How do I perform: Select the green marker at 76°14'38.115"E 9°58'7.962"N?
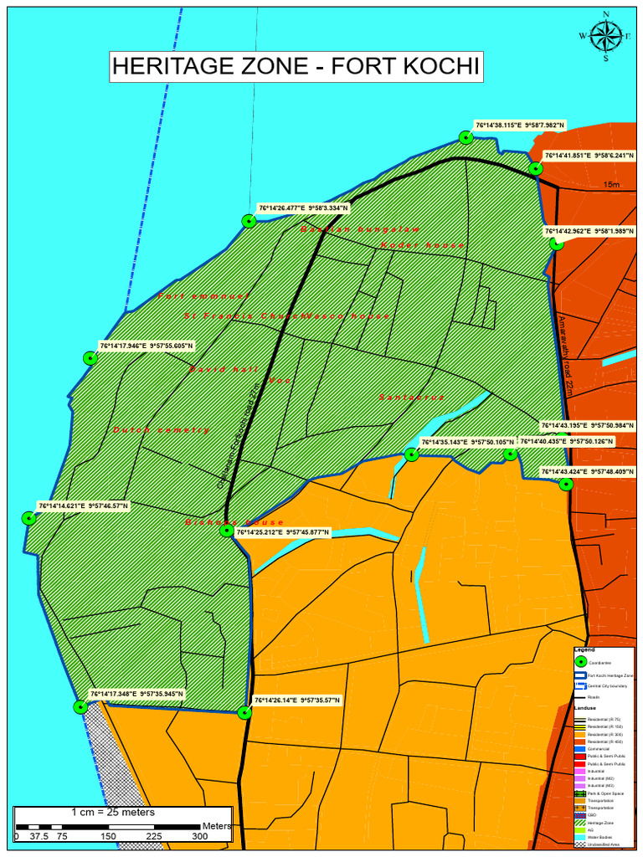click(x=466, y=137)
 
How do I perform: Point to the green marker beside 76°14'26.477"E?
click(x=249, y=221)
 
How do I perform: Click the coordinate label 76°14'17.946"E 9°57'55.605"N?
click(x=147, y=345)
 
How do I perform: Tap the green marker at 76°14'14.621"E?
click(x=28, y=518)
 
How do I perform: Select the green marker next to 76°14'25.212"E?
click(x=226, y=531)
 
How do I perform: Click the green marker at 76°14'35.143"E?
click(x=411, y=454)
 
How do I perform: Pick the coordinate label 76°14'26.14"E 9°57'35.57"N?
click(x=297, y=700)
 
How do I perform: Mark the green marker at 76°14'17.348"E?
click(x=80, y=706)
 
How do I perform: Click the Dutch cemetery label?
click(x=162, y=430)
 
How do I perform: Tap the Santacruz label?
click(x=411, y=397)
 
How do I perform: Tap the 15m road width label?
click(x=611, y=185)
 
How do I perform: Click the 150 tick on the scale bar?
click(x=108, y=836)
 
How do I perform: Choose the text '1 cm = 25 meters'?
click(x=113, y=813)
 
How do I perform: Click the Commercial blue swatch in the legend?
click(x=579, y=747)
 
